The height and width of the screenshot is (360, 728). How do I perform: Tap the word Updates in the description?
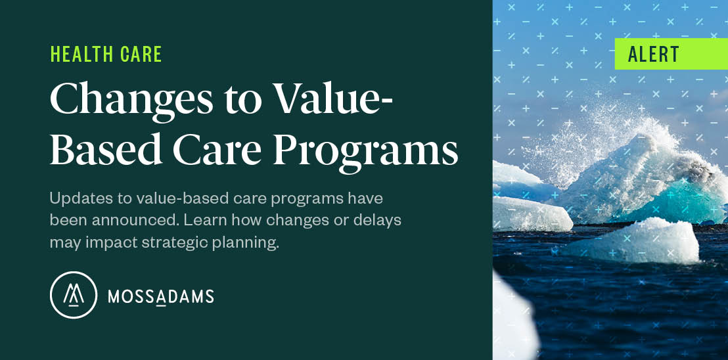[75, 198]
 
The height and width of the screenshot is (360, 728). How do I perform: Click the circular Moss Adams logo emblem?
[73, 295]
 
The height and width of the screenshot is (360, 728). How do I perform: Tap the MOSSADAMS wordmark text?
[161, 296]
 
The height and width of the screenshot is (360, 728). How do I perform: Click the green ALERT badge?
[670, 54]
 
